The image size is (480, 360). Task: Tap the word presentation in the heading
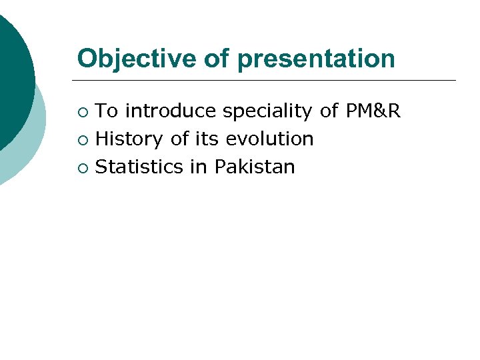point(315,58)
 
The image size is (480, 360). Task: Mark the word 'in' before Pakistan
point(199,167)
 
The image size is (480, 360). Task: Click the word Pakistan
point(254,167)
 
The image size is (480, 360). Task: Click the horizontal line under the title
point(267,81)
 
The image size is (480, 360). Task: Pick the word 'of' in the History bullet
point(179,139)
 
